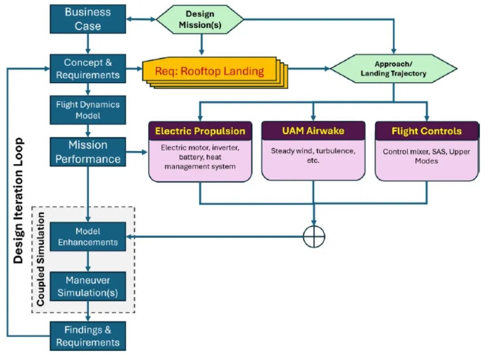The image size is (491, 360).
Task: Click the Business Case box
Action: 88,19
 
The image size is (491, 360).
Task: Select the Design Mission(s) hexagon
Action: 200,20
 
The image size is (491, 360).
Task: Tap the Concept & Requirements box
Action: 88,69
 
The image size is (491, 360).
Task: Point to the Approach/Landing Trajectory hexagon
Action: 394,69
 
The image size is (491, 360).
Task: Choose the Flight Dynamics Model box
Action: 88,110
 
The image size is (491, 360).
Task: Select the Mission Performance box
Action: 88,152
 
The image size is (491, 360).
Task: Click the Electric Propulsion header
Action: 200,131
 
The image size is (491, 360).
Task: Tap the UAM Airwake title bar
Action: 313,130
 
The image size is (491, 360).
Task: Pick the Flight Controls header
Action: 426,131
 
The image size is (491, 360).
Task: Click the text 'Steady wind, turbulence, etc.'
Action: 313,155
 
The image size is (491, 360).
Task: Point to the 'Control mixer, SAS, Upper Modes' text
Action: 426,156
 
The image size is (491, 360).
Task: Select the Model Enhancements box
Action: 88,237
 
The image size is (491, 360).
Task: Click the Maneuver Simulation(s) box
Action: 88,286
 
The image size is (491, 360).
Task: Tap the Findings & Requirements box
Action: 88,336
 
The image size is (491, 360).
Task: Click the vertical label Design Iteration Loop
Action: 19,200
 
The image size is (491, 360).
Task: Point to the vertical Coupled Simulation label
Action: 41,259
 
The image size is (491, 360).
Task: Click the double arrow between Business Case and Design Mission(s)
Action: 141,19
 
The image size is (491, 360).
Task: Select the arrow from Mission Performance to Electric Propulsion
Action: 136,152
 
